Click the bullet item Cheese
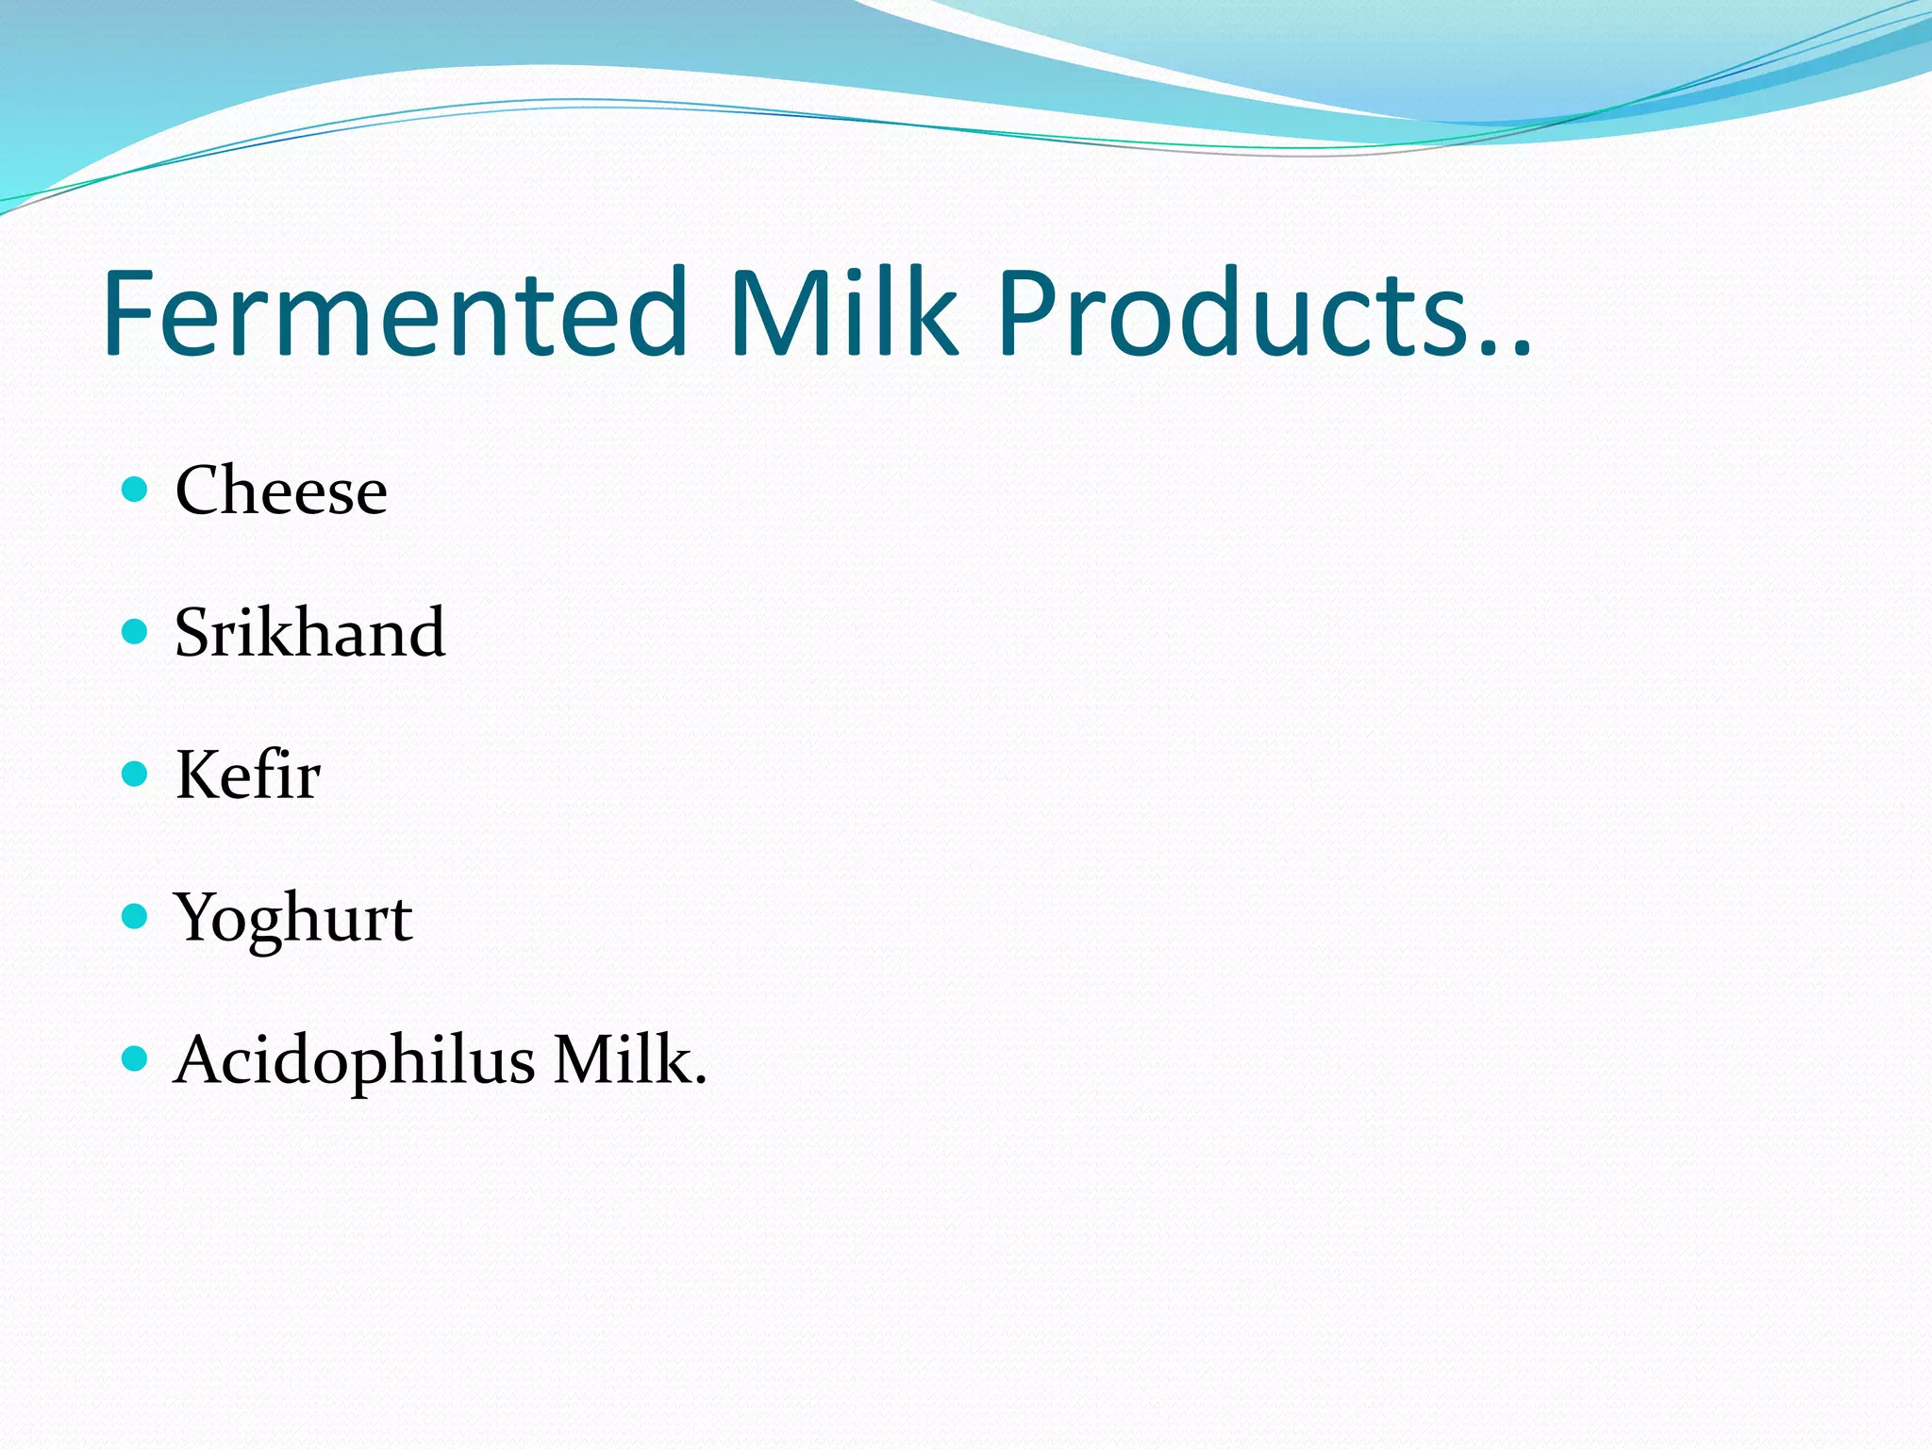(281, 491)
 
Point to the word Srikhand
(309, 632)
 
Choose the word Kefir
(248, 775)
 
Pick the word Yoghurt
(293, 918)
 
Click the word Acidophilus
(355, 1060)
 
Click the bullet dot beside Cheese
(136, 489)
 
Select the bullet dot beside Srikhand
(136, 631)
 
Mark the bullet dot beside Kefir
(136, 774)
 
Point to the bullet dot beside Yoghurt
(136, 916)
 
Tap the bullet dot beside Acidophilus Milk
(136, 1058)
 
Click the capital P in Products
(1028, 313)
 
